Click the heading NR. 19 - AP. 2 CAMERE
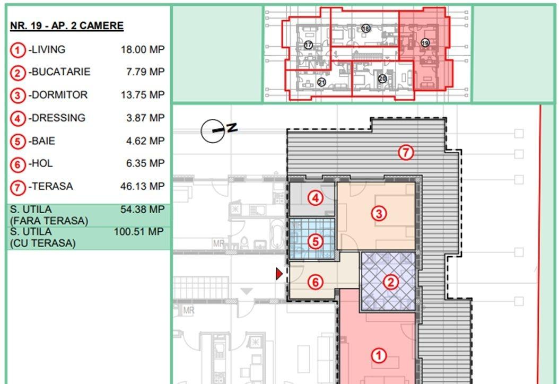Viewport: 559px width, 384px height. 67,26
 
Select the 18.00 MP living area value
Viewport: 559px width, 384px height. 143,49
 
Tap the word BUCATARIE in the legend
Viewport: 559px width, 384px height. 61,72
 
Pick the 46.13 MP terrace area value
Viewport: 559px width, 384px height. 143,186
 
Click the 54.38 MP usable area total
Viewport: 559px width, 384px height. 143,210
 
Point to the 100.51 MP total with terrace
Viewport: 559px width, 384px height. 138,232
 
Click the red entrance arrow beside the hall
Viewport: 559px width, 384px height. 279,274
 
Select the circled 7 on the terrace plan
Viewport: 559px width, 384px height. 406,153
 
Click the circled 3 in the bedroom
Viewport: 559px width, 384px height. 379,214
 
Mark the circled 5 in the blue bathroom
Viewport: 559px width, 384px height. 316,241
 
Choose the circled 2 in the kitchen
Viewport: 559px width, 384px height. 390,282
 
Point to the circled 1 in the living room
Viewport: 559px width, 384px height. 379,355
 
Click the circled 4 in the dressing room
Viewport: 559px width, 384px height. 316,198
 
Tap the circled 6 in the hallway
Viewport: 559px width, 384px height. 316,282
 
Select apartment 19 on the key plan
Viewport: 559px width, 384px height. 425,43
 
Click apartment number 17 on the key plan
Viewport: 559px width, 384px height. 308,45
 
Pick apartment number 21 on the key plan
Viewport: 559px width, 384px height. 321,82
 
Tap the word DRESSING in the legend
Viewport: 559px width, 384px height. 59,118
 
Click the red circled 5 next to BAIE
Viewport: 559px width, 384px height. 18,142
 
